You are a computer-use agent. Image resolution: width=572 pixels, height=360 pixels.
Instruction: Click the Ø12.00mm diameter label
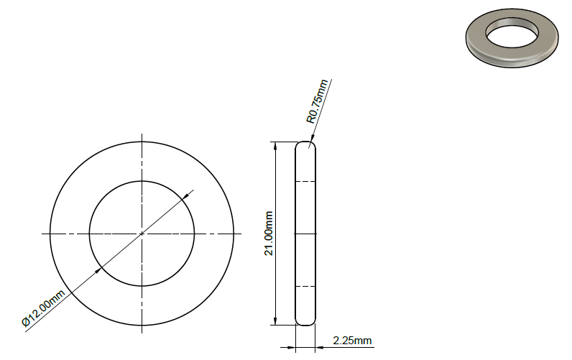pyautogui.click(x=44, y=308)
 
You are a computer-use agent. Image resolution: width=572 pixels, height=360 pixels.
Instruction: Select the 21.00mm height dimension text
pyautogui.click(x=269, y=234)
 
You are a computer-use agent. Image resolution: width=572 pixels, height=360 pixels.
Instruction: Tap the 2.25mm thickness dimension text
pyautogui.click(x=352, y=340)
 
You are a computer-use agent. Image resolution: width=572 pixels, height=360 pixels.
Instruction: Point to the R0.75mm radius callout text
pyautogui.click(x=317, y=101)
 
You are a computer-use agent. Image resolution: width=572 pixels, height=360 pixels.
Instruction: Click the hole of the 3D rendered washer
pyautogui.click(x=511, y=32)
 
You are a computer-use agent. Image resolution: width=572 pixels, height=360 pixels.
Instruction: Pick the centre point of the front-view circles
pyautogui.click(x=142, y=234)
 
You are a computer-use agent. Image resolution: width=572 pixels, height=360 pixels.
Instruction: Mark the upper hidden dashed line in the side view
pyautogui.click(x=305, y=181)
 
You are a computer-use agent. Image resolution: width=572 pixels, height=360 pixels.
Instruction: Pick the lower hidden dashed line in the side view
pyautogui.click(x=305, y=286)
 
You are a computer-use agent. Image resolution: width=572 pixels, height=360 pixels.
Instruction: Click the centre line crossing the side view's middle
pyautogui.click(x=305, y=234)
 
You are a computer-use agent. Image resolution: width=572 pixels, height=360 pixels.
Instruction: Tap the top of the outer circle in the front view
pyautogui.click(x=142, y=142)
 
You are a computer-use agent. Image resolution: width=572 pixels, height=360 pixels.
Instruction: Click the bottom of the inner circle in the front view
pyautogui.click(x=142, y=286)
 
